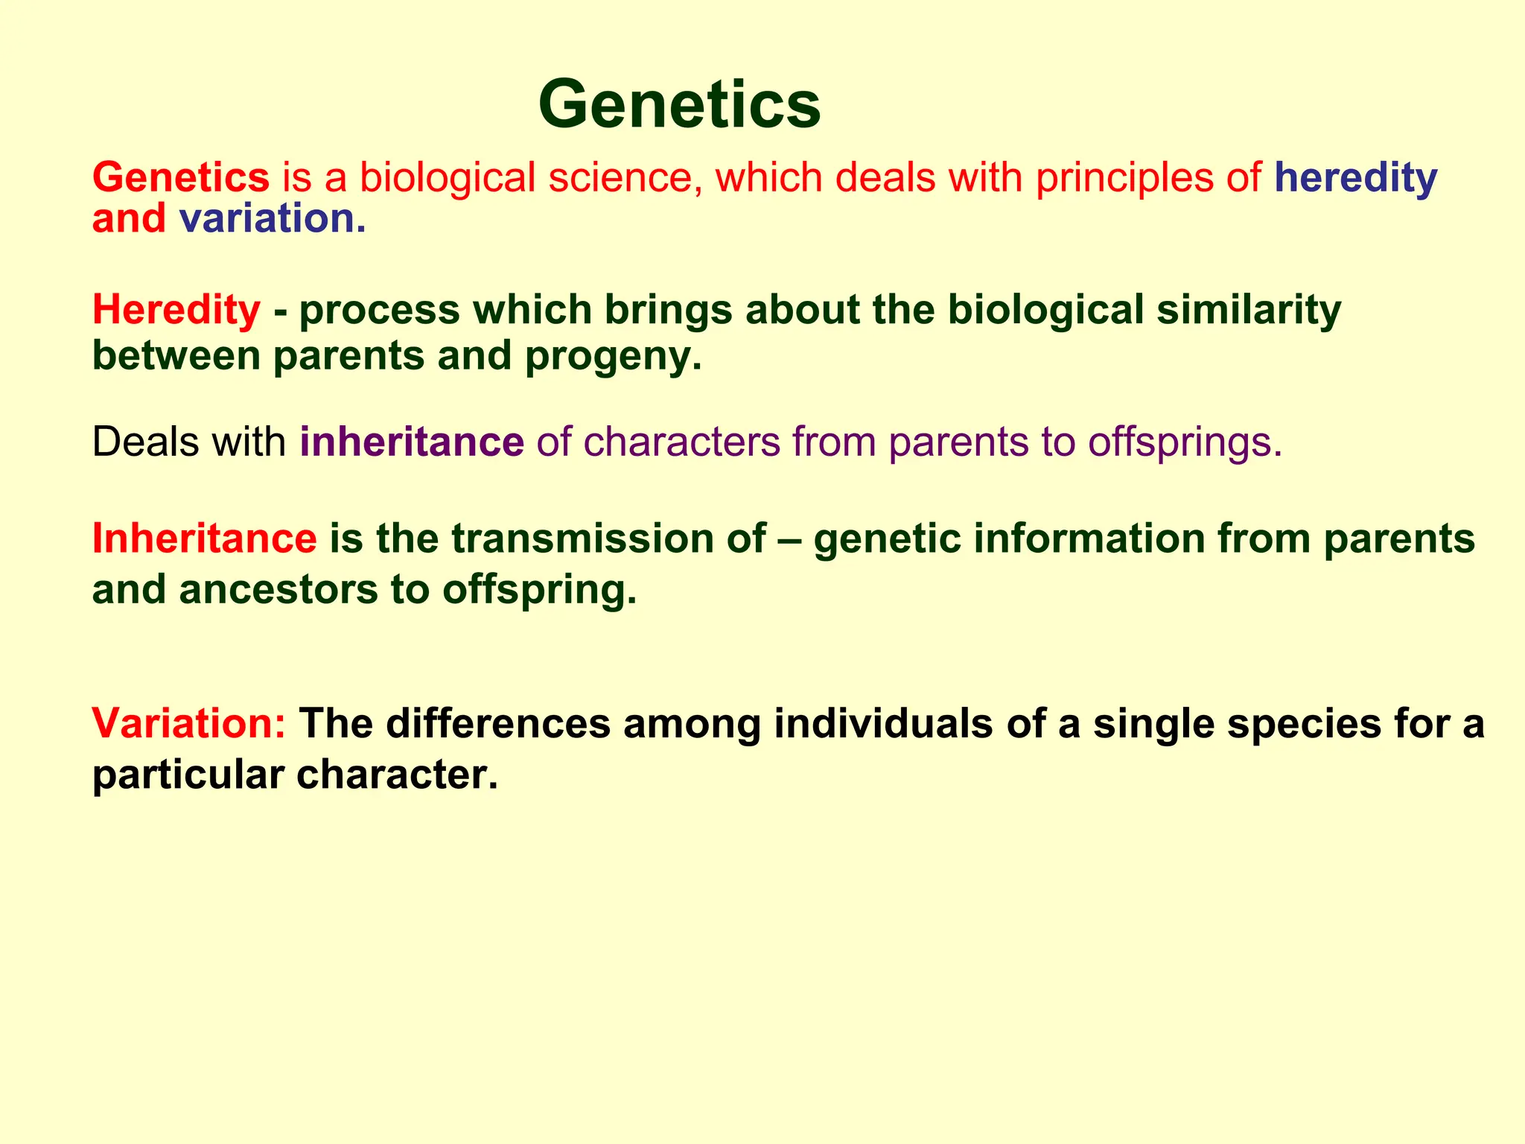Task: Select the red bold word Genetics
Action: (x=181, y=178)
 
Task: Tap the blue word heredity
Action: (x=1355, y=179)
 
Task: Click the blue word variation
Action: (x=272, y=219)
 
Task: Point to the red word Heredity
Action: (x=176, y=310)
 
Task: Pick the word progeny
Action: (x=613, y=357)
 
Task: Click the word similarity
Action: (x=1248, y=310)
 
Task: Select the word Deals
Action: (x=146, y=442)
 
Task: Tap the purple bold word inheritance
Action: (x=412, y=442)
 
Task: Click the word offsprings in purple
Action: (x=1184, y=442)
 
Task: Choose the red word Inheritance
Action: (x=204, y=538)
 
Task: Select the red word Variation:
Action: (x=189, y=723)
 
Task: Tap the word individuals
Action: (x=883, y=723)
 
